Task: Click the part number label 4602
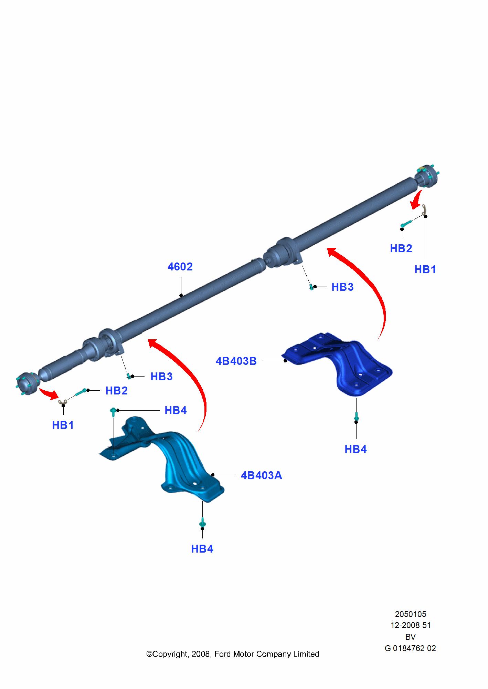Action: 180,267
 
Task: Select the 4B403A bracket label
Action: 262,475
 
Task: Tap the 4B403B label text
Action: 236,361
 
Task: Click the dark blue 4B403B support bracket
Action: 337,363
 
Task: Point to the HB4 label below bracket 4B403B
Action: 356,449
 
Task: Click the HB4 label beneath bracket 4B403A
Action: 202,549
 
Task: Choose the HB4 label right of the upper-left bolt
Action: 176,410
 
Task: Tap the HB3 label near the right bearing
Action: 342,287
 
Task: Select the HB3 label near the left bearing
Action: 161,377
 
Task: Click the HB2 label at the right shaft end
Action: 401,248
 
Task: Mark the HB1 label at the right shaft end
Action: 425,269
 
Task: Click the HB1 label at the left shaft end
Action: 63,425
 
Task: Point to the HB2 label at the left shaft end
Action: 116,391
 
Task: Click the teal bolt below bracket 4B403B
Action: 356,418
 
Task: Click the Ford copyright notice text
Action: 233,654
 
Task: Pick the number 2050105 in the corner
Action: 411,614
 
